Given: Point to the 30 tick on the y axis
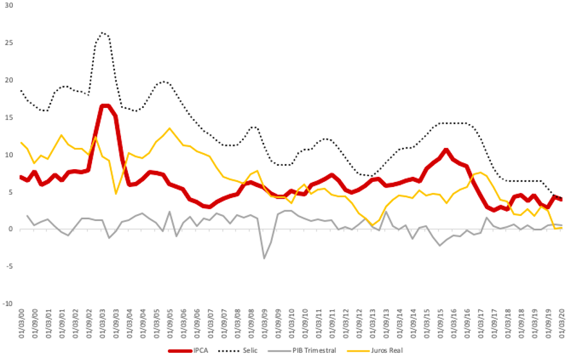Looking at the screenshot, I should point(8,6).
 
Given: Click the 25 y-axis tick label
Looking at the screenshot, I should point(8,43).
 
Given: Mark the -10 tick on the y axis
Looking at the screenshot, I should point(6,303).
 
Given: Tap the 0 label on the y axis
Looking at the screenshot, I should point(10,229).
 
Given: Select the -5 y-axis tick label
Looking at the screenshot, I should point(8,266).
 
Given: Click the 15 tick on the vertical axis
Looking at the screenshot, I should point(8,118).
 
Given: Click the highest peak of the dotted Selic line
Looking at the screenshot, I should point(103,32).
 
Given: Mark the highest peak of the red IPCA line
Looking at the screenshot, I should point(104,105).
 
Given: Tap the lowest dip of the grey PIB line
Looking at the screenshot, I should point(264,258).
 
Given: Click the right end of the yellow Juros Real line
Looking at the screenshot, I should point(562,228).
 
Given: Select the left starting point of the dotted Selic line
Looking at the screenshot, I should point(21,91).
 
